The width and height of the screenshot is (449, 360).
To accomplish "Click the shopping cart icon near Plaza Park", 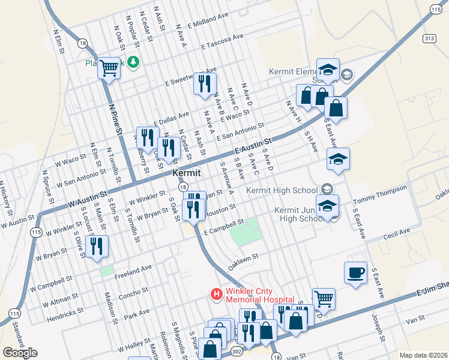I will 109,68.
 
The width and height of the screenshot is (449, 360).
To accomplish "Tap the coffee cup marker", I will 355,273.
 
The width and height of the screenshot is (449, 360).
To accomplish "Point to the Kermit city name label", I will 186,172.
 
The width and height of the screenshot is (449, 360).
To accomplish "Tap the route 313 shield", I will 428,38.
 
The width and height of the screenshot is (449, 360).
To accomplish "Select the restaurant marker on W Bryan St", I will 96,246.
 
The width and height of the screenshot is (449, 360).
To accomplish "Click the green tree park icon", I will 131,62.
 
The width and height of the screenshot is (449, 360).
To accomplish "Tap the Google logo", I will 20,352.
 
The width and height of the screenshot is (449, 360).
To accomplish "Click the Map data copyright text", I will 423,355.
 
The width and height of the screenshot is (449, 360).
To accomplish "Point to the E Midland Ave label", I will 208,22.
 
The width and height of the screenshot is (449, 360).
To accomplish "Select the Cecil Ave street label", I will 397,232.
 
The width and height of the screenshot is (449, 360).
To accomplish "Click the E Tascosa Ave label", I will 223,41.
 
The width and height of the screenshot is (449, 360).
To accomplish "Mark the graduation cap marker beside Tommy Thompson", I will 328,206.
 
